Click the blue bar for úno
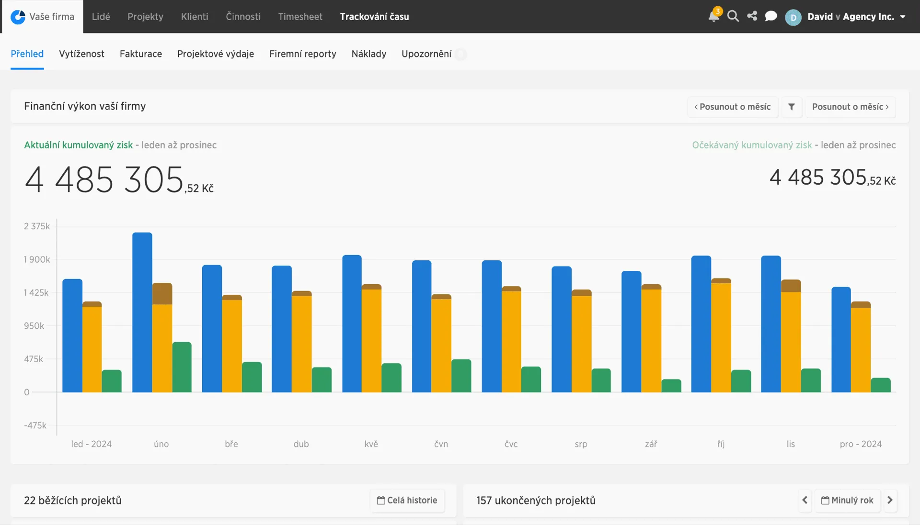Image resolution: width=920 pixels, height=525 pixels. (x=142, y=312)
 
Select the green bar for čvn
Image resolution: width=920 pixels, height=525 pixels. (x=461, y=376)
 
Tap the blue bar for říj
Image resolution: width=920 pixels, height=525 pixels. (x=701, y=324)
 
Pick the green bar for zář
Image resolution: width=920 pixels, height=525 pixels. (x=671, y=386)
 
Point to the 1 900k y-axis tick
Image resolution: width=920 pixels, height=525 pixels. (x=37, y=259)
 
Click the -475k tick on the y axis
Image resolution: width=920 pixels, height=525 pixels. (x=35, y=425)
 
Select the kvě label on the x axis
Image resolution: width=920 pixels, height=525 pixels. (x=371, y=444)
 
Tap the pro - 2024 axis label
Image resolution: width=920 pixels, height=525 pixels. (x=861, y=444)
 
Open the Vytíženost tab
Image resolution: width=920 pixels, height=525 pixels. (x=81, y=54)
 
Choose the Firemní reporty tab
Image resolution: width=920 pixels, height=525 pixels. (x=303, y=54)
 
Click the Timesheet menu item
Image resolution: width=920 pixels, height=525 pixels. (x=300, y=17)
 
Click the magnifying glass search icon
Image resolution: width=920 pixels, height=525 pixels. (x=733, y=16)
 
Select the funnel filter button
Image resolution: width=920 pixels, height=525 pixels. (x=792, y=107)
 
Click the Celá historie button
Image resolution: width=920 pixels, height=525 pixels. (x=407, y=500)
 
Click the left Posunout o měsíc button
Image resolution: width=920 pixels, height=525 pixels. (x=733, y=107)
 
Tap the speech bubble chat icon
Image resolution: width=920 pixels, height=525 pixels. (x=771, y=16)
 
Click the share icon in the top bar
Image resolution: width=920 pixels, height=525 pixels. (x=752, y=16)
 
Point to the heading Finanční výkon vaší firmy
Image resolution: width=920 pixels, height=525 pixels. (x=85, y=106)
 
